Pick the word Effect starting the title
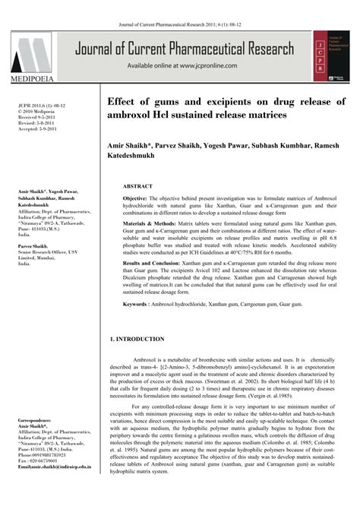[124, 101]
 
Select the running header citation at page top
[180, 7]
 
